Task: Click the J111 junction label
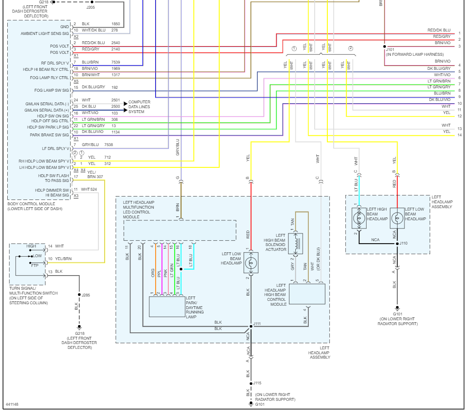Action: click(257, 324)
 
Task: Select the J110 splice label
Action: click(403, 243)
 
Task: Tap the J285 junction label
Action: click(86, 295)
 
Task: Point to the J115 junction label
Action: click(257, 383)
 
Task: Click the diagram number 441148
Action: click(13, 404)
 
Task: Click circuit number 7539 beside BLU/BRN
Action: click(116, 62)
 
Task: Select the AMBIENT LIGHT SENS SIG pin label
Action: click(45, 33)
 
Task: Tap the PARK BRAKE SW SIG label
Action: click(49, 135)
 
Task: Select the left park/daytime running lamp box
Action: click(167, 306)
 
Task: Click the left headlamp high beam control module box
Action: click(307, 294)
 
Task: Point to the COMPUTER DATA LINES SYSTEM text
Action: click(139, 107)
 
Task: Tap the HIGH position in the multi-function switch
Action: click(31, 246)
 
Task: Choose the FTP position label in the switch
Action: click(35, 265)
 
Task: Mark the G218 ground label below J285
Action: click(79, 333)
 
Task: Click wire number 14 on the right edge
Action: click(459, 135)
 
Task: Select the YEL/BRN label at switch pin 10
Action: click(64, 259)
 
